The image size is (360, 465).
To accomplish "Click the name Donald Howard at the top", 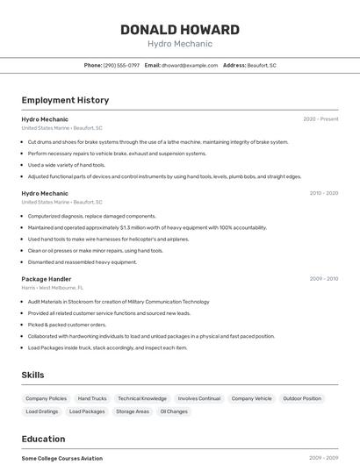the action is click(179, 29).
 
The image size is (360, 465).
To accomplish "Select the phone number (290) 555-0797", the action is click(121, 65).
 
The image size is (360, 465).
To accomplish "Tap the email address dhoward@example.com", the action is click(190, 65).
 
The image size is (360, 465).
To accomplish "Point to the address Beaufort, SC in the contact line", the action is click(262, 65).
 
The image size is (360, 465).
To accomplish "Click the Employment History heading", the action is click(65, 100).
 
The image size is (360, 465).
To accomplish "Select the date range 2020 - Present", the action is click(320, 119).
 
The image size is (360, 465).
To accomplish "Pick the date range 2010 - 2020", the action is click(324, 193).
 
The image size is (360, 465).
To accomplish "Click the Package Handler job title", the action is click(47, 279).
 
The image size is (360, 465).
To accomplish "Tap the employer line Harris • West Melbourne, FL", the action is click(53, 288).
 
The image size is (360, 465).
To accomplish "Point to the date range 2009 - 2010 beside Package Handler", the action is click(324, 279).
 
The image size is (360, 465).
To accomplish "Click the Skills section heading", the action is click(32, 375).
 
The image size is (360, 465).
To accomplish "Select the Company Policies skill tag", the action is click(46, 398).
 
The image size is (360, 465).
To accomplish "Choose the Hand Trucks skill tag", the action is click(92, 398).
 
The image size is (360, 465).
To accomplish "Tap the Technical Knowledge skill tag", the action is click(142, 398).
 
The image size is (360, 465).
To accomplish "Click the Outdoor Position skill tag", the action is click(302, 398).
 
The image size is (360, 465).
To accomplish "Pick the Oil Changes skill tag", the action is click(174, 411).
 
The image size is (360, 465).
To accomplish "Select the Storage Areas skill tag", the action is click(133, 411).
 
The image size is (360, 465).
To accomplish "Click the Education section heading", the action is click(43, 439).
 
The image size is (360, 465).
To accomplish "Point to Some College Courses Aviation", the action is click(62, 458).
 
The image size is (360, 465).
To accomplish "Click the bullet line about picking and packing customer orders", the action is click(67, 325).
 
